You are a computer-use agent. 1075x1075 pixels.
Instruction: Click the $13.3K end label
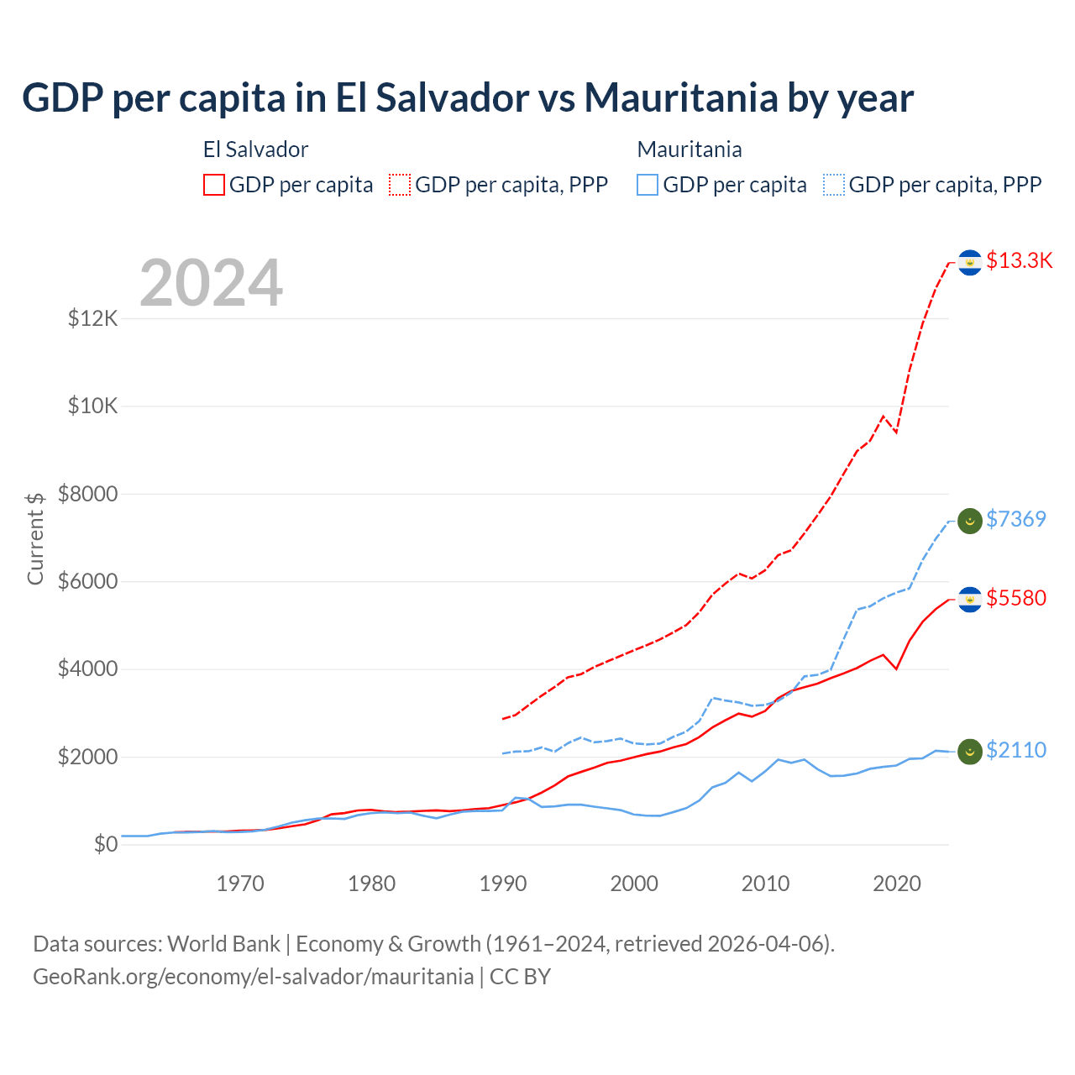(1019, 261)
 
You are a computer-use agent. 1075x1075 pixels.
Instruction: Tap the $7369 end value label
(1015, 520)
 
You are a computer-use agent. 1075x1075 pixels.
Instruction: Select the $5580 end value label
(1015, 599)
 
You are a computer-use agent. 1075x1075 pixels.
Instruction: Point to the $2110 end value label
(1015, 751)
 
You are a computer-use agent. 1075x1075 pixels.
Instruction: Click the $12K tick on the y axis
(93, 319)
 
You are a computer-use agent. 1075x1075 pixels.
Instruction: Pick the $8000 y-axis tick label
(88, 495)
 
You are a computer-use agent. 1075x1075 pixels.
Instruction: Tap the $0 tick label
(106, 845)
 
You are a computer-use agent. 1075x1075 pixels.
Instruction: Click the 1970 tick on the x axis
(240, 884)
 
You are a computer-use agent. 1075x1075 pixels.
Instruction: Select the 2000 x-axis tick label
(634, 884)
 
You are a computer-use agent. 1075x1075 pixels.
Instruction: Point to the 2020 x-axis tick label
(897, 884)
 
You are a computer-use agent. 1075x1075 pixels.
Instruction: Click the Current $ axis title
(35, 538)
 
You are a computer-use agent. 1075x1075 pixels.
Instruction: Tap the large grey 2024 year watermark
(211, 284)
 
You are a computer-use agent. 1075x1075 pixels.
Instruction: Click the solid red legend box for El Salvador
(214, 185)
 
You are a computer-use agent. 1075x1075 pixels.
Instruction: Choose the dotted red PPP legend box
(400, 185)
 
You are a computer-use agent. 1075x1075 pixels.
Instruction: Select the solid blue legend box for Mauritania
(648, 185)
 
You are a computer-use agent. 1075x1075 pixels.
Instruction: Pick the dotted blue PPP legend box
(834, 185)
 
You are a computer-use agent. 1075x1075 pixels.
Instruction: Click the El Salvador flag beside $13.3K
(970, 263)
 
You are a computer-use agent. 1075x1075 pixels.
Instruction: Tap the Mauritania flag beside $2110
(970, 752)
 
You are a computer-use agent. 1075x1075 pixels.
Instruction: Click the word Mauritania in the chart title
(681, 98)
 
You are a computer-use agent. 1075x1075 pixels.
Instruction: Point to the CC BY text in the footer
(520, 978)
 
